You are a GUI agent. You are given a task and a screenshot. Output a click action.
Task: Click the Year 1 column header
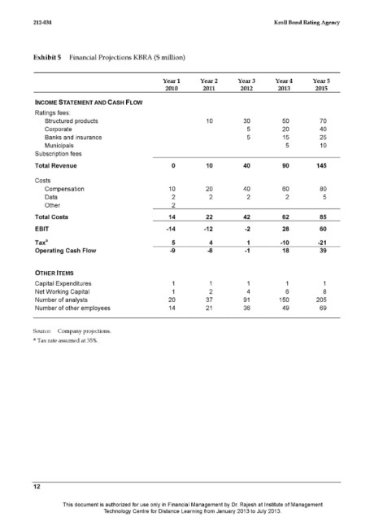172,85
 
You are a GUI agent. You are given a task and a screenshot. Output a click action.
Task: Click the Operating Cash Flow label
62,252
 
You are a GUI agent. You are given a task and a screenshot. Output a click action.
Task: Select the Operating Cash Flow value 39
323,252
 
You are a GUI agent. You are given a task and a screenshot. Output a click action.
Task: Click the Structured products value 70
323,120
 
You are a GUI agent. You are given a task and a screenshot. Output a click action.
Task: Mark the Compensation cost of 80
323,188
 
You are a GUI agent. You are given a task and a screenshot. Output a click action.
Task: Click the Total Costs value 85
323,217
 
